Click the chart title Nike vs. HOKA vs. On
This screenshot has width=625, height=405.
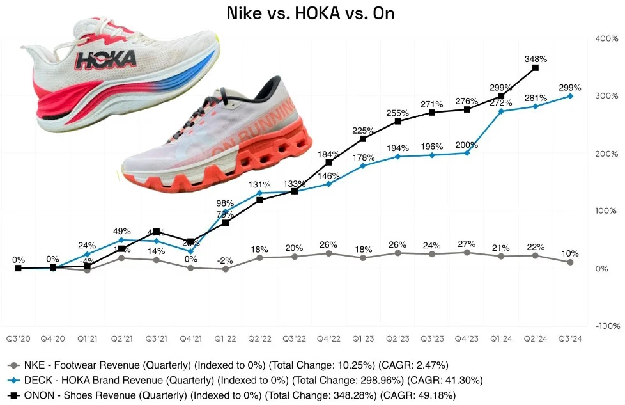(311, 13)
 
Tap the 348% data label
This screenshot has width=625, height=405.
(536, 58)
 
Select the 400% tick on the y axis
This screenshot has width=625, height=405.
(605, 38)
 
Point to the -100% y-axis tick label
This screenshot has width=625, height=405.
(604, 326)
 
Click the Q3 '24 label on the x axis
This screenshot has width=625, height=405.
(570, 337)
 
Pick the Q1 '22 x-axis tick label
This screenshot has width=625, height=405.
(225, 337)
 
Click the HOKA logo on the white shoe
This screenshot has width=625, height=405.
(106, 60)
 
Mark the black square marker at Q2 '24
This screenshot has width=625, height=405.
(536, 67)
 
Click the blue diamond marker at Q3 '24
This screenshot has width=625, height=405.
(570, 96)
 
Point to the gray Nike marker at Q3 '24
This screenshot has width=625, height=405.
(570, 262)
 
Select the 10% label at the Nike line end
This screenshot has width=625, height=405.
(570, 253)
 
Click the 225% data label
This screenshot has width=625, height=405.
(363, 131)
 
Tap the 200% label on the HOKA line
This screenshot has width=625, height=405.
(467, 145)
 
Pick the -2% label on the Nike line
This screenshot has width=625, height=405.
(225, 260)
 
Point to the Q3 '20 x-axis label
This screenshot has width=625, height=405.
(18, 337)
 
